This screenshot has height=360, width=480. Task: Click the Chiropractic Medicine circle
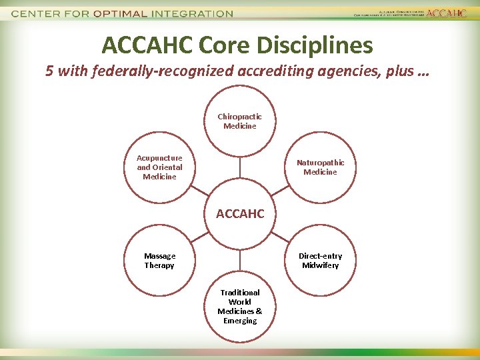239,121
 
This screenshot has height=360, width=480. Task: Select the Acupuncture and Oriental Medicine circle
159,167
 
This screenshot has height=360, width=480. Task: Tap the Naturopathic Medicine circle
320,167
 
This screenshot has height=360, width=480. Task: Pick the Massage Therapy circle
159,260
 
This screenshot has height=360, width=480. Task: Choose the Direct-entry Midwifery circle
320,260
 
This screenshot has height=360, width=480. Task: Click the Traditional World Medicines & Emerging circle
239,307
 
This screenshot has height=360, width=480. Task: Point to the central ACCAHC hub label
239,214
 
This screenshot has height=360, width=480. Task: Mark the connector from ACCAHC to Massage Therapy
199,237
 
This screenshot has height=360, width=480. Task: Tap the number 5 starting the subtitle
49,71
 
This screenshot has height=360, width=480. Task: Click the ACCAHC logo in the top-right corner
446,13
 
